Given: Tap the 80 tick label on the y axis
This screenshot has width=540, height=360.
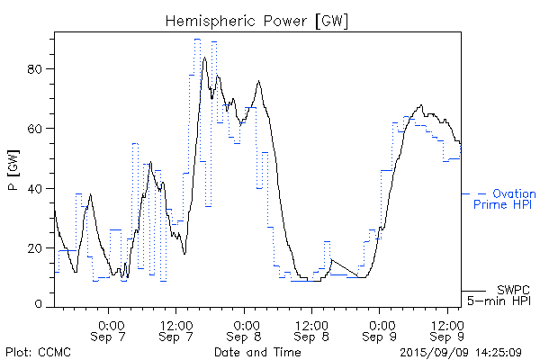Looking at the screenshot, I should pos(38,69).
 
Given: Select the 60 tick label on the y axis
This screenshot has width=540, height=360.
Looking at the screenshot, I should pos(38,129).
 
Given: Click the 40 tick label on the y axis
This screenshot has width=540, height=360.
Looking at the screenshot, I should pos(38,188).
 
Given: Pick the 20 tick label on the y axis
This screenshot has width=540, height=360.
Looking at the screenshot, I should pos(38,247).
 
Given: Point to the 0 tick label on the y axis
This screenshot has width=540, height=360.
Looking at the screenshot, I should pos(40,305).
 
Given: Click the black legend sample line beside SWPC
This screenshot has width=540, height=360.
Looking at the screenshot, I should pos(474,291).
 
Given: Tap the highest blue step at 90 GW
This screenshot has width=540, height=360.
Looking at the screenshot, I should pos(196,40).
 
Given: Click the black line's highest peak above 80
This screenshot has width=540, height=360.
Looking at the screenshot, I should pos(205,58).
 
